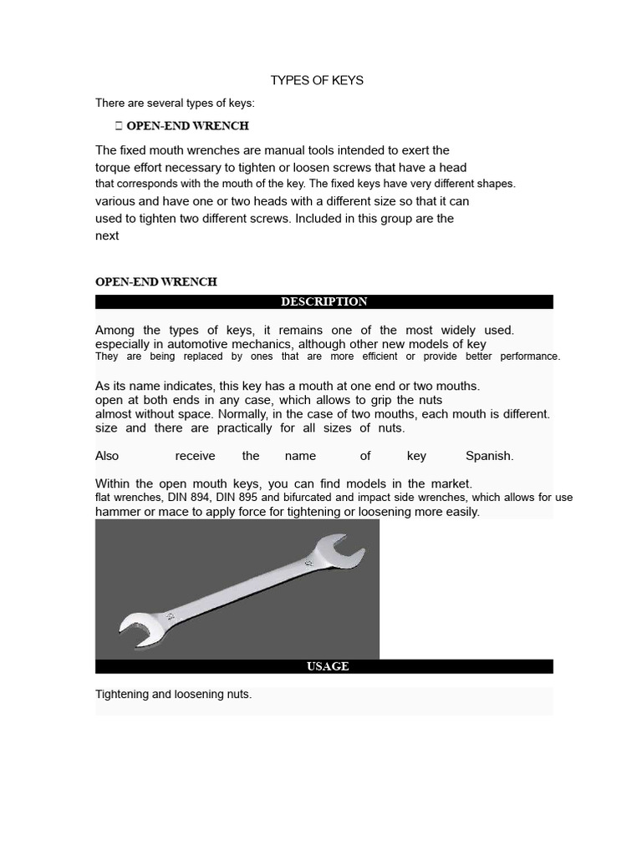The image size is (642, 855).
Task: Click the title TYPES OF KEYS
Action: click(x=317, y=80)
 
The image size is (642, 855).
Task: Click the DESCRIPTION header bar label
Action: click(x=324, y=301)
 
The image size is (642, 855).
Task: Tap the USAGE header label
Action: click(x=328, y=666)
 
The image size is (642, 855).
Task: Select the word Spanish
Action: click(x=489, y=456)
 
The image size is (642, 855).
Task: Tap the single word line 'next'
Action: click(x=107, y=235)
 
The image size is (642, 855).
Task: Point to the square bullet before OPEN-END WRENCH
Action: click(x=118, y=126)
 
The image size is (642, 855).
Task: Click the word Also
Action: click(x=107, y=456)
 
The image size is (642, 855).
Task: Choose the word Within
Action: click(x=112, y=483)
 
